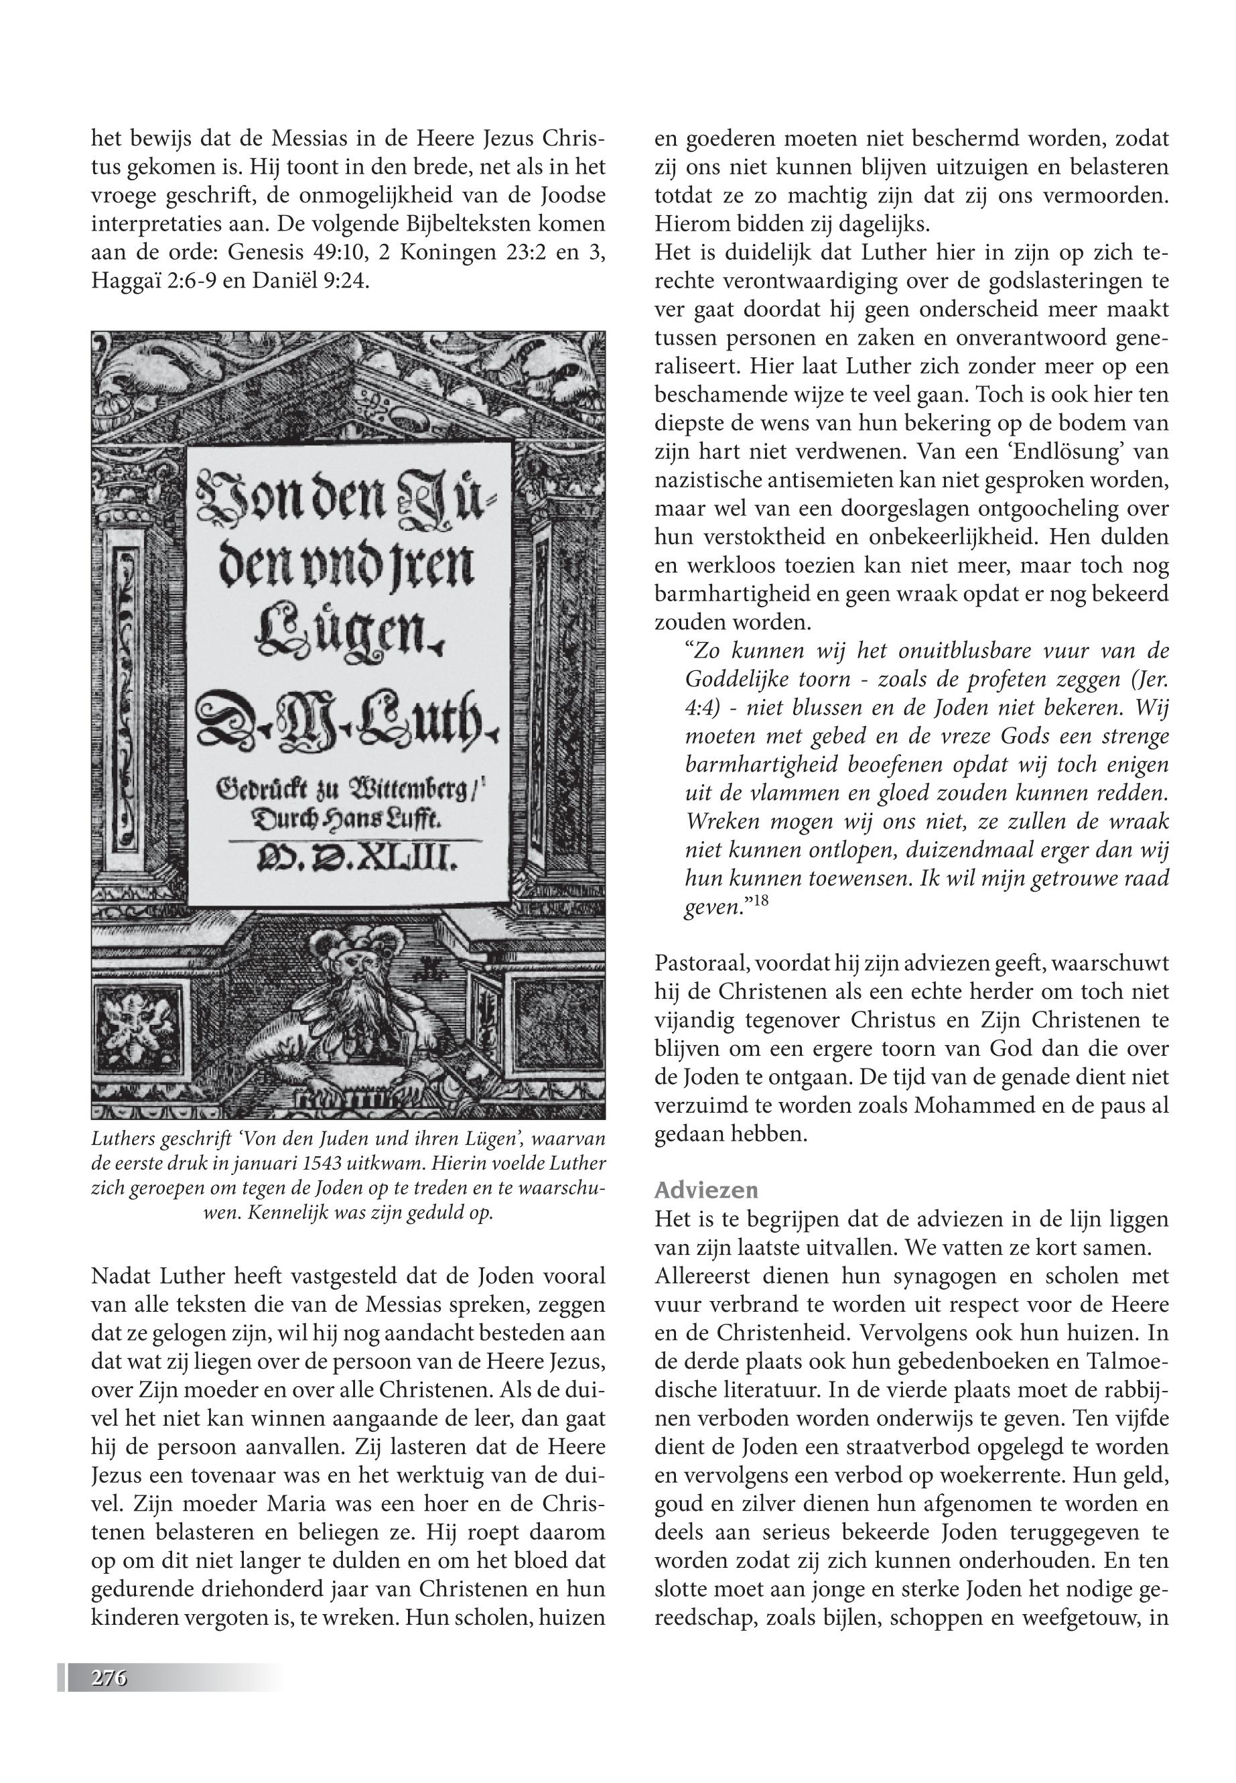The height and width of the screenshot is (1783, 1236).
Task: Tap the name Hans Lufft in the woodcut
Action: pyautogui.click(x=387, y=819)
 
